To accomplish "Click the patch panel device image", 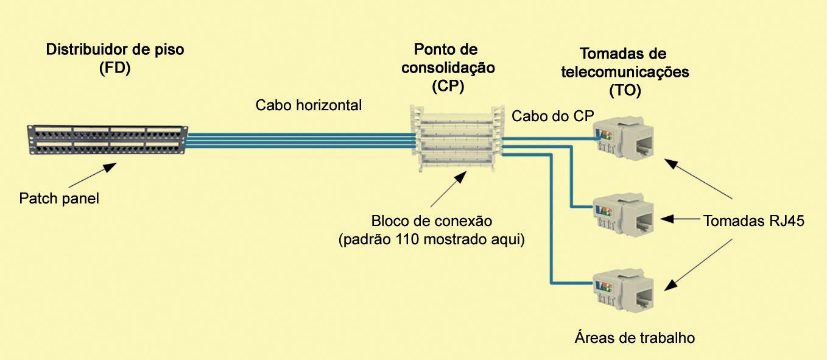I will pyautogui.click(x=107, y=140).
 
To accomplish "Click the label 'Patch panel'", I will pyautogui.click(x=59, y=199).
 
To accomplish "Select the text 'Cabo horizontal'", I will pyautogui.click(x=309, y=105).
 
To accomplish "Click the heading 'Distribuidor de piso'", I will pyautogui.click(x=115, y=50).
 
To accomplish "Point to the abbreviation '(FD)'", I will pyautogui.click(x=115, y=69).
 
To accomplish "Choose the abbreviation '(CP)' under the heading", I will pyautogui.click(x=448, y=86).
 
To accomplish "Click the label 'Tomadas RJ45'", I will pyautogui.click(x=754, y=221).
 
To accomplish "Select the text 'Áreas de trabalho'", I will pyautogui.click(x=634, y=337).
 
